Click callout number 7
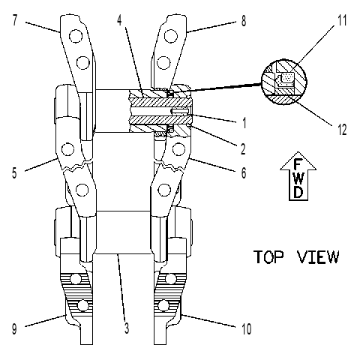tap(15, 20)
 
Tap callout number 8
tap(244, 21)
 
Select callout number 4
tap(119, 20)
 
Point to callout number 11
tap(342, 20)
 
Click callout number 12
tap(342, 130)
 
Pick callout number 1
tap(244, 122)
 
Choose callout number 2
tap(243, 149)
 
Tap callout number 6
tap(244, 172)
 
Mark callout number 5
tap(14, 172)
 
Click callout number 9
tap(14, 329)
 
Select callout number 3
tap(127, 328)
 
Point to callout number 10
tap(246, 329)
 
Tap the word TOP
tap(269, 256)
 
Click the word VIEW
tap(318, 256)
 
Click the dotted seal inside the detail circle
tap(287, 78)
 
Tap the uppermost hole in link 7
tap(76, 36)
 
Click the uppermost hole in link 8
tap(171, 36)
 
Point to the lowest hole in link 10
tap(163, 305)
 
